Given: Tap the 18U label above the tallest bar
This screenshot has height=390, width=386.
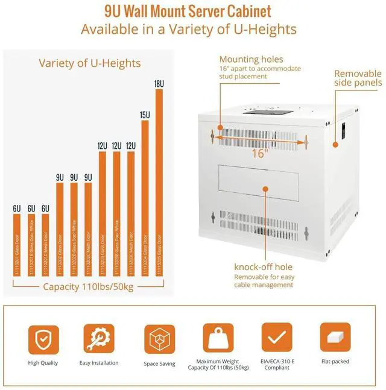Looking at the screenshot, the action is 159,84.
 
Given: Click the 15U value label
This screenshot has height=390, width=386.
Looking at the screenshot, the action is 145,115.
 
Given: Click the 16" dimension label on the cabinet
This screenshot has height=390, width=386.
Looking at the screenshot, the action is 259,153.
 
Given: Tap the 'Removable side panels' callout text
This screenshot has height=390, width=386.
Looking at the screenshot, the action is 358,78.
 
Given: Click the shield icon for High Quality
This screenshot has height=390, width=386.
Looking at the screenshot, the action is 43,339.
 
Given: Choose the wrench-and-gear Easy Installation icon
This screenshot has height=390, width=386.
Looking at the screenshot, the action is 99,339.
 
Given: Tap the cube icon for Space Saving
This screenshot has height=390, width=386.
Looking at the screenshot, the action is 159,339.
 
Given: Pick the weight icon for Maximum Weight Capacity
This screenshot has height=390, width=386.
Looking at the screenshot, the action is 218,339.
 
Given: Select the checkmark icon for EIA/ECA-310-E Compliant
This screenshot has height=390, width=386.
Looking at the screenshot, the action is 276,339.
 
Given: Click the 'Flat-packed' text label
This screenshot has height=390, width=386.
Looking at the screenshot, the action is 335,362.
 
